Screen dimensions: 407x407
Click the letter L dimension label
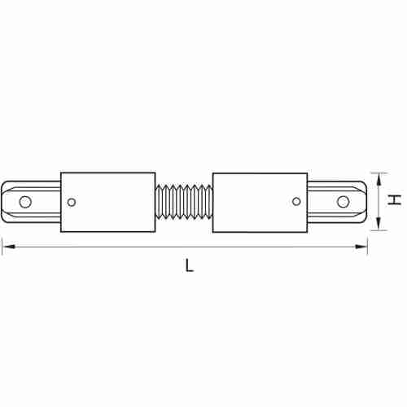tap(189, 265)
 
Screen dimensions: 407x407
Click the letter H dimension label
tap(394, 200)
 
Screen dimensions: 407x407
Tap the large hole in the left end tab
tap(25, 202)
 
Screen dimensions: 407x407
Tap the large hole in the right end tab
tap(343, 202)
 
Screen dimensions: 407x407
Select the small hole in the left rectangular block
tap(72, 202)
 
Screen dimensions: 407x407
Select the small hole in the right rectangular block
tap(296, 201)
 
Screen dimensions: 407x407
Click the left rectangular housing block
tap(108, 202)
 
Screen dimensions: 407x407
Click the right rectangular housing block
tap(260, 203)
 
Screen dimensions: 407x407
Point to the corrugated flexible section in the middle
tap(184, 201)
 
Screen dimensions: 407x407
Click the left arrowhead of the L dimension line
tap(7, 247)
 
